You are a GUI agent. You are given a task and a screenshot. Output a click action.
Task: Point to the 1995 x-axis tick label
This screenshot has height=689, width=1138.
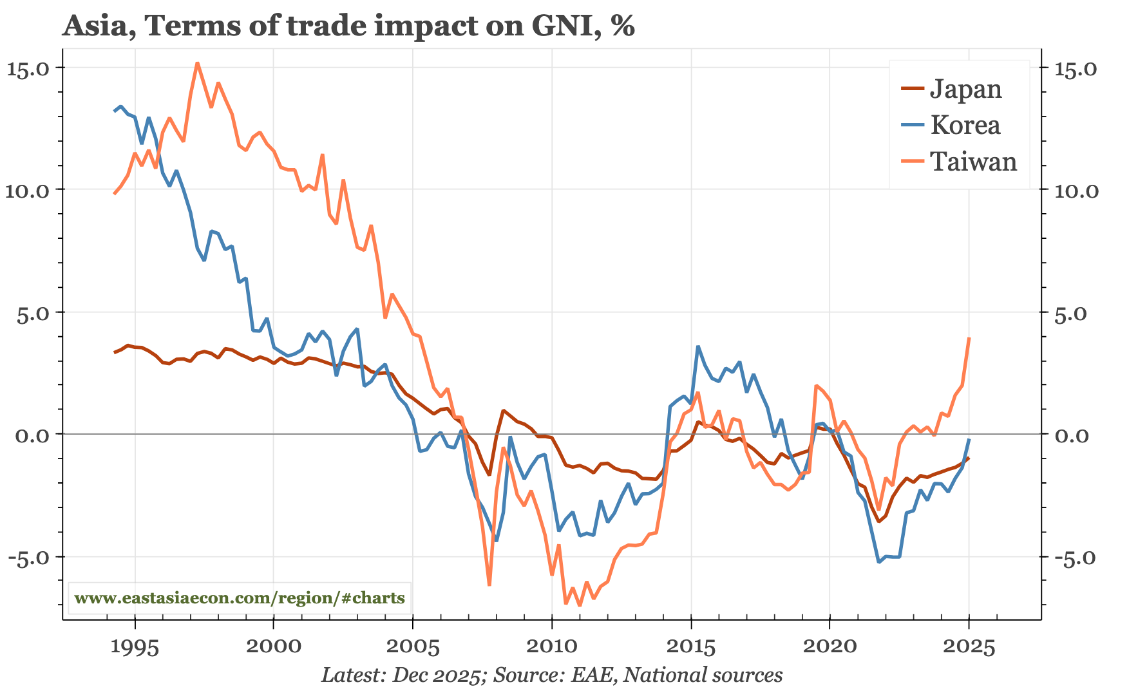[x=135, y=646]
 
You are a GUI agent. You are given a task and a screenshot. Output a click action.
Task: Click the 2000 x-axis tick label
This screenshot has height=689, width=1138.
[x=274, y=646]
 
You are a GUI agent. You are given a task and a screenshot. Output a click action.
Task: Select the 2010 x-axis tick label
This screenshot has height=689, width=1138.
[x=552, y=646]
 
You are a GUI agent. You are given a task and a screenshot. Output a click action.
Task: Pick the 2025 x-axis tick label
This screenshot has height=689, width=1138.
[x=969, y=646]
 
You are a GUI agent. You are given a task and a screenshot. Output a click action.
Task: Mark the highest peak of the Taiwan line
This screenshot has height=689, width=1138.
[x=197, y=63]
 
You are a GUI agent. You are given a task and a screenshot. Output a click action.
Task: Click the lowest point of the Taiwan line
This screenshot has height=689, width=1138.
[x=580, y=605]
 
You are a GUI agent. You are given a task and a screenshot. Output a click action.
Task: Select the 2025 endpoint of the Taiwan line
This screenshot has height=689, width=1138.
[x=969, y=339]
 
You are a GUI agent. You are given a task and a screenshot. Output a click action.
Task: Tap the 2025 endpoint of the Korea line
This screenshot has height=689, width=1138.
[x=969, y=440]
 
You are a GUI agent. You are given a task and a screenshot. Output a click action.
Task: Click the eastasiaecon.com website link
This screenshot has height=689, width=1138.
[x=240, y=598]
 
